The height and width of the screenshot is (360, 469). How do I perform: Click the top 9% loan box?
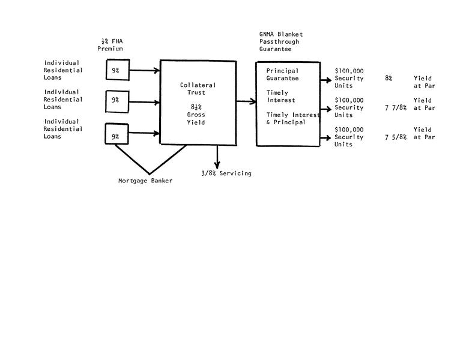(115, 71)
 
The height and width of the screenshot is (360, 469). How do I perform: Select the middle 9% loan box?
(115, 100)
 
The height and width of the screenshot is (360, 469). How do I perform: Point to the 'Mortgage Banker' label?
(145, 181)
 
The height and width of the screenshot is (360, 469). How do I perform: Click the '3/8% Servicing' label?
(226, 173)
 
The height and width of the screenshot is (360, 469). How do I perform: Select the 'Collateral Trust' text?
(198, 89)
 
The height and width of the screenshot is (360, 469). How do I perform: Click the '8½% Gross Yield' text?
(196, 115)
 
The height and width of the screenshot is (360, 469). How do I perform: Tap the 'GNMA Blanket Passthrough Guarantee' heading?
(277, 42)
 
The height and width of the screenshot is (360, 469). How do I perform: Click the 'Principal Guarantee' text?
(282, 74)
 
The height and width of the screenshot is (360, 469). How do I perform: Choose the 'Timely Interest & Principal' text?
(294, 118)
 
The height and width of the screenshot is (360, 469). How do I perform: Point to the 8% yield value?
(389, 79)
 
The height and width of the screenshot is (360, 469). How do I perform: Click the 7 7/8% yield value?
(396, 108)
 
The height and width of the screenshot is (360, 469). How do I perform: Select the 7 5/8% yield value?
(396, 137)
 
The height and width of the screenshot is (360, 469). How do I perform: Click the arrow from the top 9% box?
(144, 71)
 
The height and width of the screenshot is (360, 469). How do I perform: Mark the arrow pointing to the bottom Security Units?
(324, 138)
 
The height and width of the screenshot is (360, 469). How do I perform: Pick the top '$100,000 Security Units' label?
(349, 78)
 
